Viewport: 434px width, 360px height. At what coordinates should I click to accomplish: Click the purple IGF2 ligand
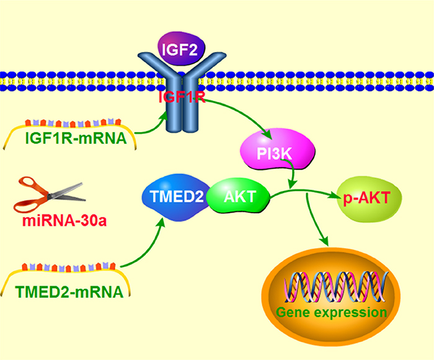181,49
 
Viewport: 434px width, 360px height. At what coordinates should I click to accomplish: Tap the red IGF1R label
182,97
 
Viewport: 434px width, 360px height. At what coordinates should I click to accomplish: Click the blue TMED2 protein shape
176,197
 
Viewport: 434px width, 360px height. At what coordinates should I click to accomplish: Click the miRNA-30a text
64,221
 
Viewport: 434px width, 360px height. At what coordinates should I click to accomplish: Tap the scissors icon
50,195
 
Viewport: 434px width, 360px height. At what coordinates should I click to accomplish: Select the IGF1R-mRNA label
76,138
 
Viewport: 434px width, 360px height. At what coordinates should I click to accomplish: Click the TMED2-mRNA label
69,292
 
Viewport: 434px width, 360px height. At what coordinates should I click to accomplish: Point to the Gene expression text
331,312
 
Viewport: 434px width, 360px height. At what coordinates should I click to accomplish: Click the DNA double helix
336,287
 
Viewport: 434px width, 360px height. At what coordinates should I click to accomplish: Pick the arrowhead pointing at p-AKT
335,195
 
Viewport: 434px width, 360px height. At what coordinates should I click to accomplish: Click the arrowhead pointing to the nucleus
324,240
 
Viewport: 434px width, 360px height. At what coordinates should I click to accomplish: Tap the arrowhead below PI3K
293,184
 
